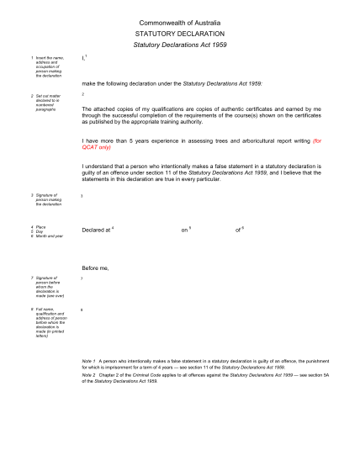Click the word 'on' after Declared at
coord(184,230)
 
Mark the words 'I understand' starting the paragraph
coord(101,167)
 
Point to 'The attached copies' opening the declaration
coord(109,109)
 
